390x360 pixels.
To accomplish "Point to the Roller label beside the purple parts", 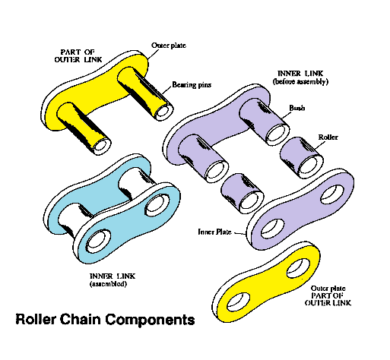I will pos(328,138).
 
